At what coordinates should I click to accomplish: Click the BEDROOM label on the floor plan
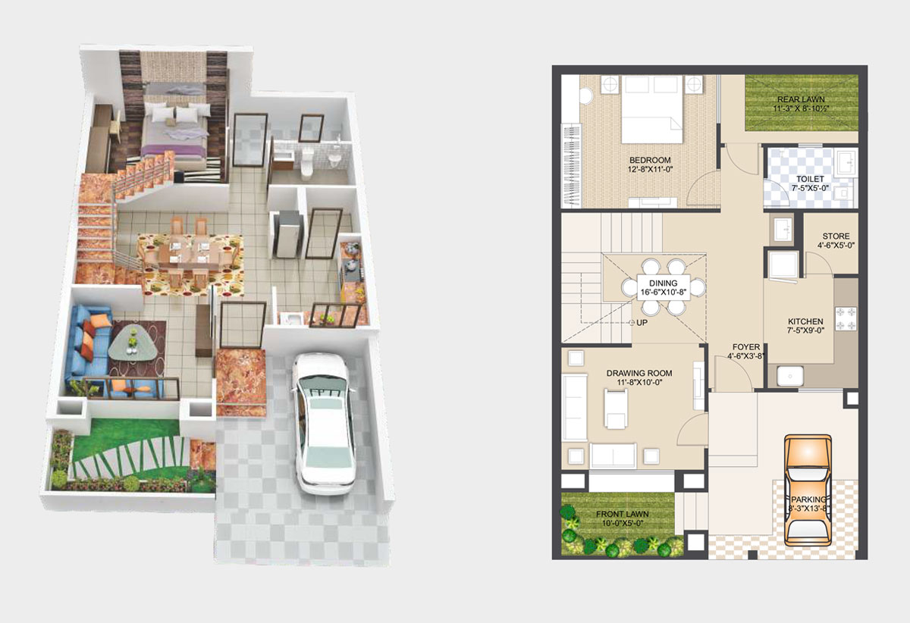pos(650,160)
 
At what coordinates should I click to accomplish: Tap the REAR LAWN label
pos(801,99)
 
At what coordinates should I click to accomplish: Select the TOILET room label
pos(810,179)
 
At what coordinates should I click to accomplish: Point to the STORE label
pos(836,236)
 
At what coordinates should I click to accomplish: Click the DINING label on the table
pos(663,283)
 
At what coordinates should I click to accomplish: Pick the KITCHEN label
pos(805,321)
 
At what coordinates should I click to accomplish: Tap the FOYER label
pos(746,347)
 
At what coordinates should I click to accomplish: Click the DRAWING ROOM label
pos(639,373)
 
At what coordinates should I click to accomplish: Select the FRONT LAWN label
pos(623,514)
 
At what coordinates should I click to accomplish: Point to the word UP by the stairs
pos(642,322)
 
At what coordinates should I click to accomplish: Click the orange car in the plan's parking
pos(808,490)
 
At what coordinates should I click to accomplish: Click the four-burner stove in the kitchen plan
pos(846,318)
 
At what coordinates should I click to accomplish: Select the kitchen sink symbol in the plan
pos(789,376)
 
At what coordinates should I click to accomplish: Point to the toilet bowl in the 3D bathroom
pos(306,163)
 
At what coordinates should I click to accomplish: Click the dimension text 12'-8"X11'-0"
pos(650,169)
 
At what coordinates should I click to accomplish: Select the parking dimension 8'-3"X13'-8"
pos(808,509)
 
